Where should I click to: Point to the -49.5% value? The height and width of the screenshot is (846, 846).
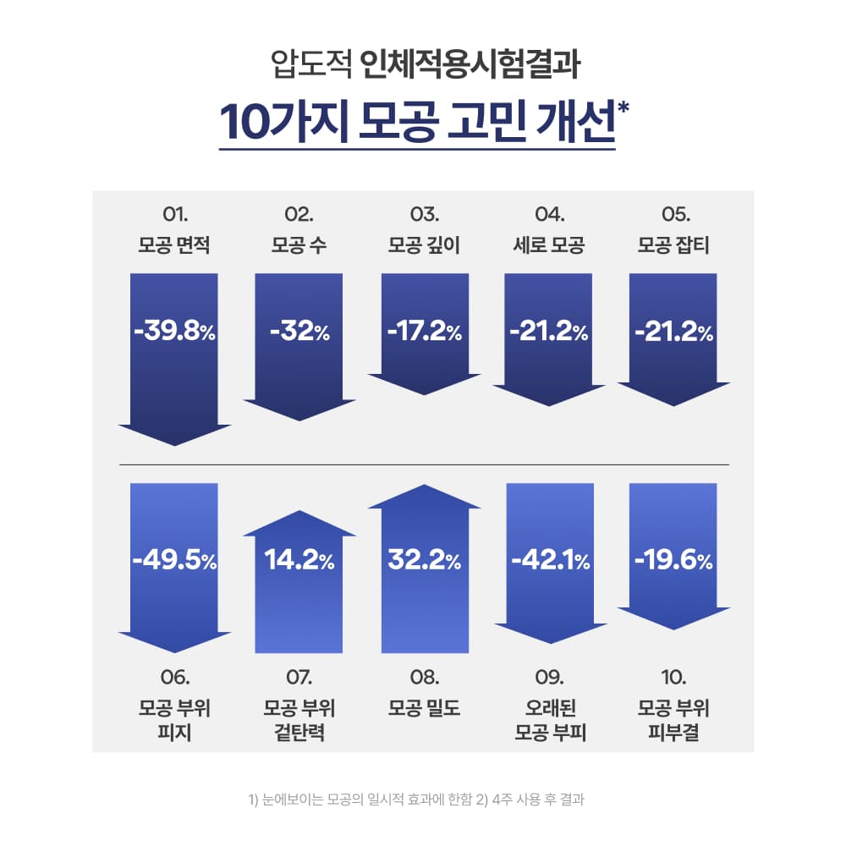(x=175, y=560)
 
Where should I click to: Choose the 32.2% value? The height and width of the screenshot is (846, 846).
(x=424, y=560)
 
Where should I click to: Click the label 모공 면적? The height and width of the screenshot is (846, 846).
(x=174, y=246)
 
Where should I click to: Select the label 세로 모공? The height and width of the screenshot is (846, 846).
(x=549, y=246)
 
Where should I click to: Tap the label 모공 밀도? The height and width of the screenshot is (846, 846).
(x=424, y=708)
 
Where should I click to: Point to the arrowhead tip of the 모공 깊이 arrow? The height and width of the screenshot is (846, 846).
(x=424, y=393)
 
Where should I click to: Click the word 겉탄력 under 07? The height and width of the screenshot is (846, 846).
(x=299, y=732)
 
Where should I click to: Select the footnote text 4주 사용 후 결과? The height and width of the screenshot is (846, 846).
(x=538, y=798)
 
